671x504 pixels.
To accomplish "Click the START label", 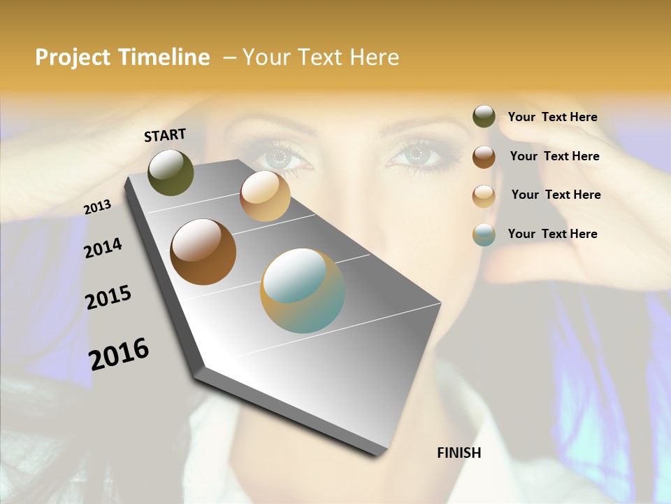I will tap(165, 135).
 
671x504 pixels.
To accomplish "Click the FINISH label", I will tap(459, 453).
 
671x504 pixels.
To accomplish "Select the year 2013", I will tap(97, 206).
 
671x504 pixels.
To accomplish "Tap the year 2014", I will tap(103, 248).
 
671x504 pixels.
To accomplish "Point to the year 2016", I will tap(119, 353).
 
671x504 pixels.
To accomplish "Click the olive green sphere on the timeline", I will tap(171, 173).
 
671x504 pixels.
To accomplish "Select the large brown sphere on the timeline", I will tap(203, 252).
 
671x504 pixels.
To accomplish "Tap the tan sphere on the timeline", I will tap(265, 196).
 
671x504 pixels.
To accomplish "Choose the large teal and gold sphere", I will tap(303, 290).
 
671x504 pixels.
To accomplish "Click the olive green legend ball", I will tap(484, 117).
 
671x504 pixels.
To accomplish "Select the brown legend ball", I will tap(484, 157).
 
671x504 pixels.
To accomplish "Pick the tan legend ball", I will tap(484, 196).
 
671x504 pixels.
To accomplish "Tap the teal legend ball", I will tap(484, 235).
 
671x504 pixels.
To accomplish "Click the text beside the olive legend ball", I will tap(552, 118).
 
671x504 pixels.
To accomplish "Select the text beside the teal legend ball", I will tap(552, 234).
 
